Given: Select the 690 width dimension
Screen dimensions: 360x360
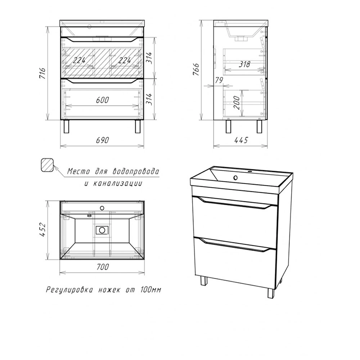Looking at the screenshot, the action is [102, 140].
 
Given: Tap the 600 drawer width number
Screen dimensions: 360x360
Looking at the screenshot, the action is [102, 100].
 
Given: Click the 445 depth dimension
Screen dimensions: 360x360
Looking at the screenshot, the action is [241, 140].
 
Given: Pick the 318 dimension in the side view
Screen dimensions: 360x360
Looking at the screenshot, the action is [244, 64].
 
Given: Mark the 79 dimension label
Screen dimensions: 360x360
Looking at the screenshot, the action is [219, 80].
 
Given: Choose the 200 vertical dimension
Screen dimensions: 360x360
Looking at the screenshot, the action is [237, 103].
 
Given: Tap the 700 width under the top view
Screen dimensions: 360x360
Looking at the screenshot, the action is [102, 267].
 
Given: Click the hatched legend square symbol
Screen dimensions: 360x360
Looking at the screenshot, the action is [47, 165].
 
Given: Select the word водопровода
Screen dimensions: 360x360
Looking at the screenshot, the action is [136, 172].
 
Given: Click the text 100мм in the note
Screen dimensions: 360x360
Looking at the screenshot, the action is [150, 290].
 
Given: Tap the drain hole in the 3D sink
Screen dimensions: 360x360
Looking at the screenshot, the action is [235, 177].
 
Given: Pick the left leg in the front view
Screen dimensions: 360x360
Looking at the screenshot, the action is [66, 126].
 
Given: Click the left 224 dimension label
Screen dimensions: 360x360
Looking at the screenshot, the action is [79, 60].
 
